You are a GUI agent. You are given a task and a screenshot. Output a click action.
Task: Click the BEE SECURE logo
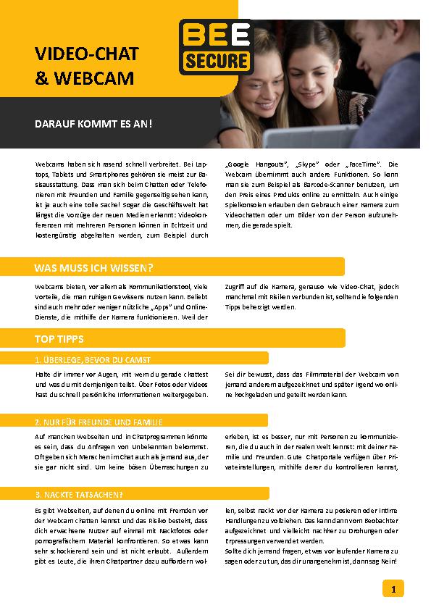[x=215, y=46]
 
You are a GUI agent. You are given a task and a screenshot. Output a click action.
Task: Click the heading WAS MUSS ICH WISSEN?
[x=93, y=268]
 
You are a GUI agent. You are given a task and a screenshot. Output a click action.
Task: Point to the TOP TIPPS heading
[x=59, y=338]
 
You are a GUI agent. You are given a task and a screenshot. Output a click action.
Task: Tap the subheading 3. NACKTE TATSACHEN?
[x=79, y=495]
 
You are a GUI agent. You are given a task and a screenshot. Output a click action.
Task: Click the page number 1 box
[x=393, y=589]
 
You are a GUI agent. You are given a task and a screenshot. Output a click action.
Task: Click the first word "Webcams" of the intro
[x=48, y=165]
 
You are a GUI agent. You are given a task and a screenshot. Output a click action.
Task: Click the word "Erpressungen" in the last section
[x=249, y=541]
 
